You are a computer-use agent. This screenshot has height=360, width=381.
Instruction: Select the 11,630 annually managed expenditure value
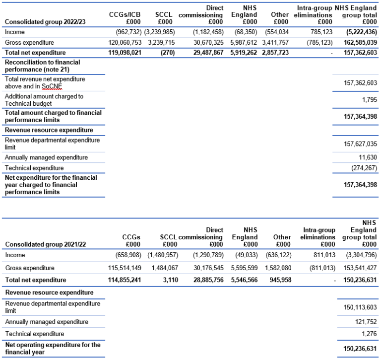tap(368, 157)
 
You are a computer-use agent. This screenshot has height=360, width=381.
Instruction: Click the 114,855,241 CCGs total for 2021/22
tap(120, 280)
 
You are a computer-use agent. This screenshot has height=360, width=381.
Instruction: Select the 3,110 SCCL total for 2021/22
tap(168, 280)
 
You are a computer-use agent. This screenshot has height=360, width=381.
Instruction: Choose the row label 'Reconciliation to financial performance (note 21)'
tap(42, 66)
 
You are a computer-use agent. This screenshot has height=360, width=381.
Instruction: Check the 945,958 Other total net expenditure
tap(278, 280)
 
